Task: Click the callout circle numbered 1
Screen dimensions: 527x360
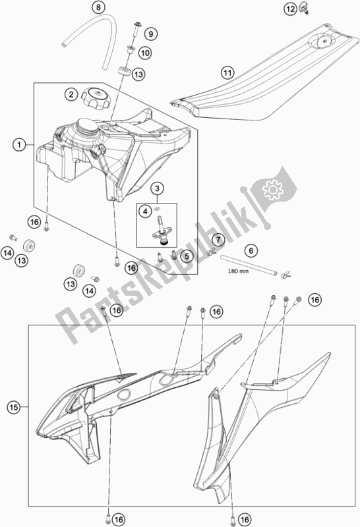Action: pos(20,143)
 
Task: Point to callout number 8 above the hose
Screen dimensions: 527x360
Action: pos(98,9)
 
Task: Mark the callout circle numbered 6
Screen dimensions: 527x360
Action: pos(250,250)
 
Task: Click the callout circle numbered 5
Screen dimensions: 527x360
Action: pos(187,256)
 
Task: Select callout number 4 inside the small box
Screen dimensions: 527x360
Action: pos(144,211)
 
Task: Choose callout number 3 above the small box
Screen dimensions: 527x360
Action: pos(157,190)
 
